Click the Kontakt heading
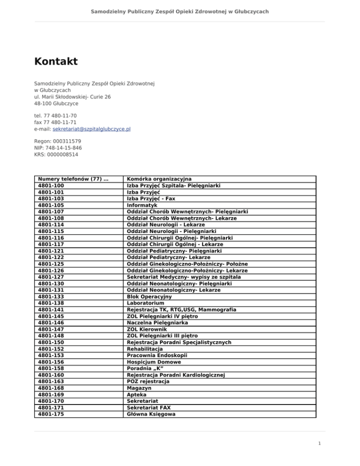(x=56, y=61)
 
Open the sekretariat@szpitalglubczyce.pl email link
(x=91, y=129)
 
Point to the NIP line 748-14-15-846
(x=55, y=147)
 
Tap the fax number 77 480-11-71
(x=52, y=122)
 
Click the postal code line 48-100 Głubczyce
(x=56, y=103)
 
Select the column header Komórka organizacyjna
(x=159, y=179)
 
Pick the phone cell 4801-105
(x=51, y=205)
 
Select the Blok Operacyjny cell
(x=150, y=297)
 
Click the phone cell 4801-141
(x=51, y=310)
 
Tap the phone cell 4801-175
(x=51, y=414)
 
